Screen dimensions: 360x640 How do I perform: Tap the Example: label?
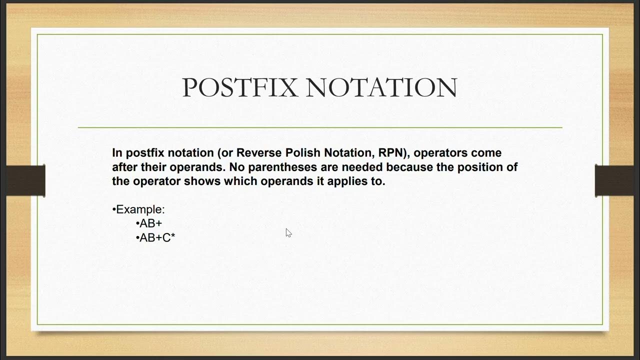click(x=140, y=209)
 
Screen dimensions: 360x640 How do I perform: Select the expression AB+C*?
click(x=157, y=238)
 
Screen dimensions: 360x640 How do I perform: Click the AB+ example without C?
click(x=151, y=223)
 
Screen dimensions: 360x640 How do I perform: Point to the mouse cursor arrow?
click(x=288, y=232)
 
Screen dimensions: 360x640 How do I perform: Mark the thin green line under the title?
click(x=320, y=127)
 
